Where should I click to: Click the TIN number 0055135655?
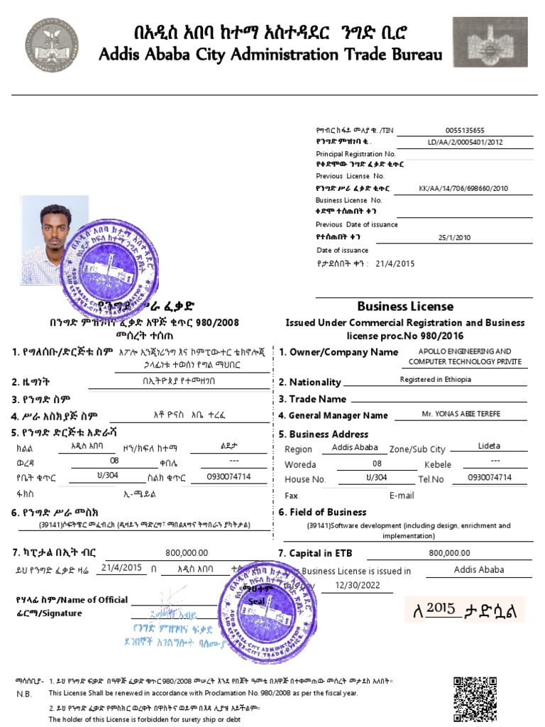[465, 130]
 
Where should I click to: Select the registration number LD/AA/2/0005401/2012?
[465, 142]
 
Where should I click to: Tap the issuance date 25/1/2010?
[454, 238]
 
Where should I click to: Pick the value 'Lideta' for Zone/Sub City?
[489, 446]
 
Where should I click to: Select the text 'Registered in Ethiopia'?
[436, 380]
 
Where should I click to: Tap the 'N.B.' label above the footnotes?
[24, 693]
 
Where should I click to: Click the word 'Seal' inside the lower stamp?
[255, 601]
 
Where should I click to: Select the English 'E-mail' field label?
[401, 496]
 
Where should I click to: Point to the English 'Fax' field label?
[291, 496]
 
